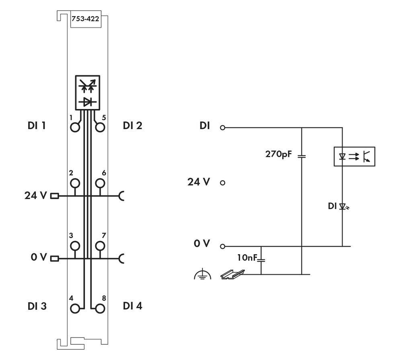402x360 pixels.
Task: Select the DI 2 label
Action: coord(133,125)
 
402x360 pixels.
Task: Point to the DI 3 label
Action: coord(37,306)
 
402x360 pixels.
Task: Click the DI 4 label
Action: coord(133,306)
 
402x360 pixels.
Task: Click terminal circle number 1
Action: coord(75,128)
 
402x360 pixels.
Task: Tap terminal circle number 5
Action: coord(100,128)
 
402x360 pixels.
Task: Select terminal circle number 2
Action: coord(75,183)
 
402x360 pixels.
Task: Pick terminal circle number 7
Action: coord(100,245)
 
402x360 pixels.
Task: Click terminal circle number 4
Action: coord(75,309)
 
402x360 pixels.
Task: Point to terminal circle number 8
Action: coord(100,309)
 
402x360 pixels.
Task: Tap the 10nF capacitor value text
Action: coord(247,258)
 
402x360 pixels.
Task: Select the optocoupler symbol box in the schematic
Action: coord(355,156)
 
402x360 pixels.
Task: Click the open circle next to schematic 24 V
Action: coord(223,183)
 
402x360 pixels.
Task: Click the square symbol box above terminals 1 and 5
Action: coord(87,92)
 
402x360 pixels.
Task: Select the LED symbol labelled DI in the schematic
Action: coord(343,207)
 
